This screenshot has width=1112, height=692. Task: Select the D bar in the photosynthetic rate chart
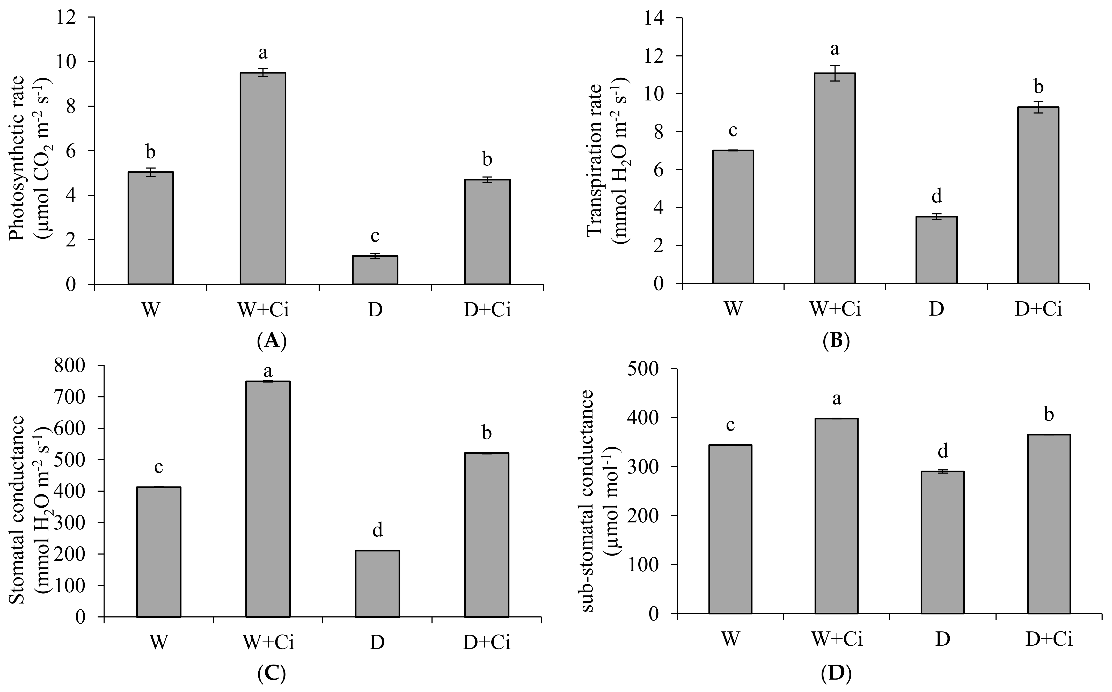tap(375, 270)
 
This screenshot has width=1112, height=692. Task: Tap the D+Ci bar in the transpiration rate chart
tap(1038, 195)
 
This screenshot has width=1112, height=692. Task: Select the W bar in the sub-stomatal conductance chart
tap(730, 529)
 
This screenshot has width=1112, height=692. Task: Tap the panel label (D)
tap(836, 673)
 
